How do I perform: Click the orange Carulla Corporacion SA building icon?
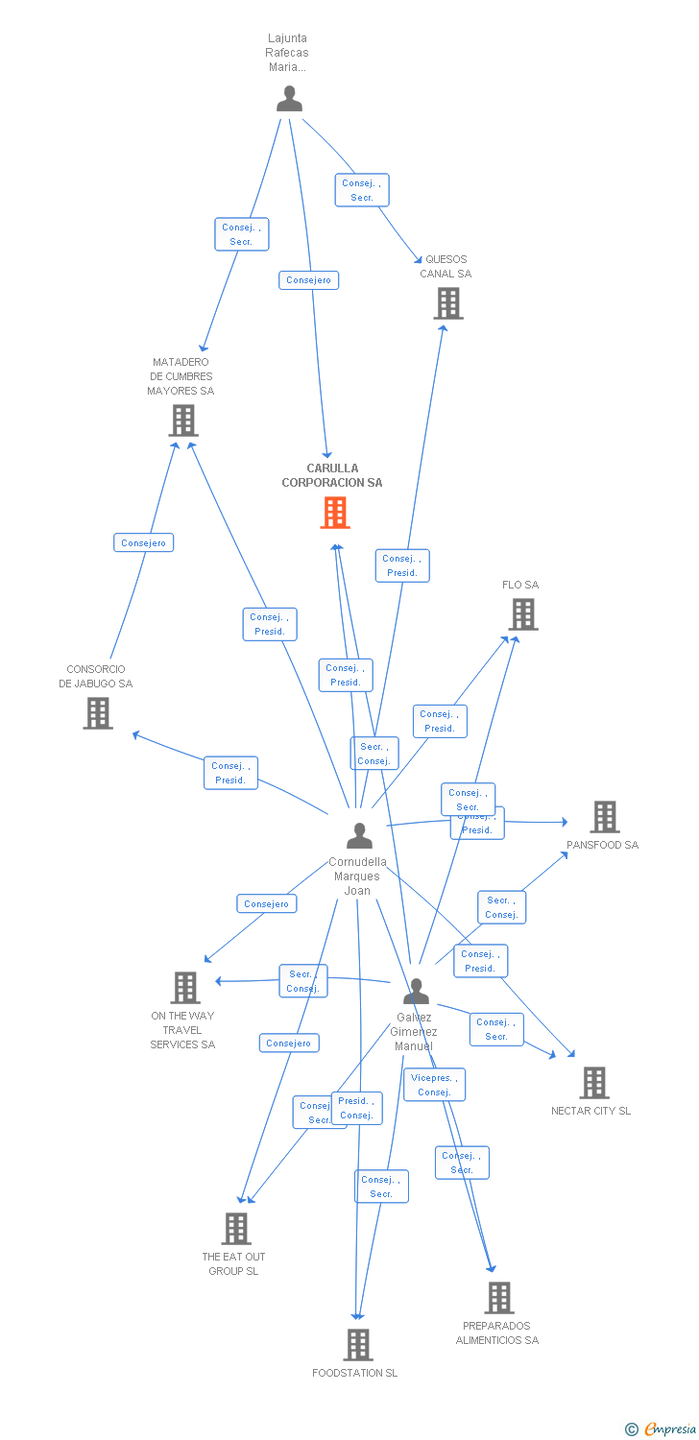tap(334, 513)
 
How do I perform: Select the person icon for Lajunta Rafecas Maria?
tap(289, 99)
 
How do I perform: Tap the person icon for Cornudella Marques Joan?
tap(359, 836)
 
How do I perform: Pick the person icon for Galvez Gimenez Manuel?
tap(416, 992)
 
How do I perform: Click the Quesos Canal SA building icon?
tap(447, 303)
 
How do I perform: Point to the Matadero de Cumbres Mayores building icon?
tap(183, 420)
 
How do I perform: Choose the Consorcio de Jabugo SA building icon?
tap(97, 713)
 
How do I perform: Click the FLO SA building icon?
tap(522, 614)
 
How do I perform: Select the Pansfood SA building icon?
tap(604, 817)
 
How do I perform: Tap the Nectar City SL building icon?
tap(594, 1083)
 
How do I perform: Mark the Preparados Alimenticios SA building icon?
tap(498, 1298)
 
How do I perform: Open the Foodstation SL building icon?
tap(357, 1345)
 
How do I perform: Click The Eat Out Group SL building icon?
tap(235, 1229)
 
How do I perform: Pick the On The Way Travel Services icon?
tap(184, 988)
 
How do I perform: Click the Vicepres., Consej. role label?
tap(434, 1085)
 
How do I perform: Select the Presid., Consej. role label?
tap(356, 1108)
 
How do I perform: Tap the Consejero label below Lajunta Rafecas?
tap(308, 280)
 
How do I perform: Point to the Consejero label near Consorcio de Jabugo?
tap(143, 543)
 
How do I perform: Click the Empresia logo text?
tap(670, 1429)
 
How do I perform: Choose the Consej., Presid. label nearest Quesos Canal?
tap(402, 565)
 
